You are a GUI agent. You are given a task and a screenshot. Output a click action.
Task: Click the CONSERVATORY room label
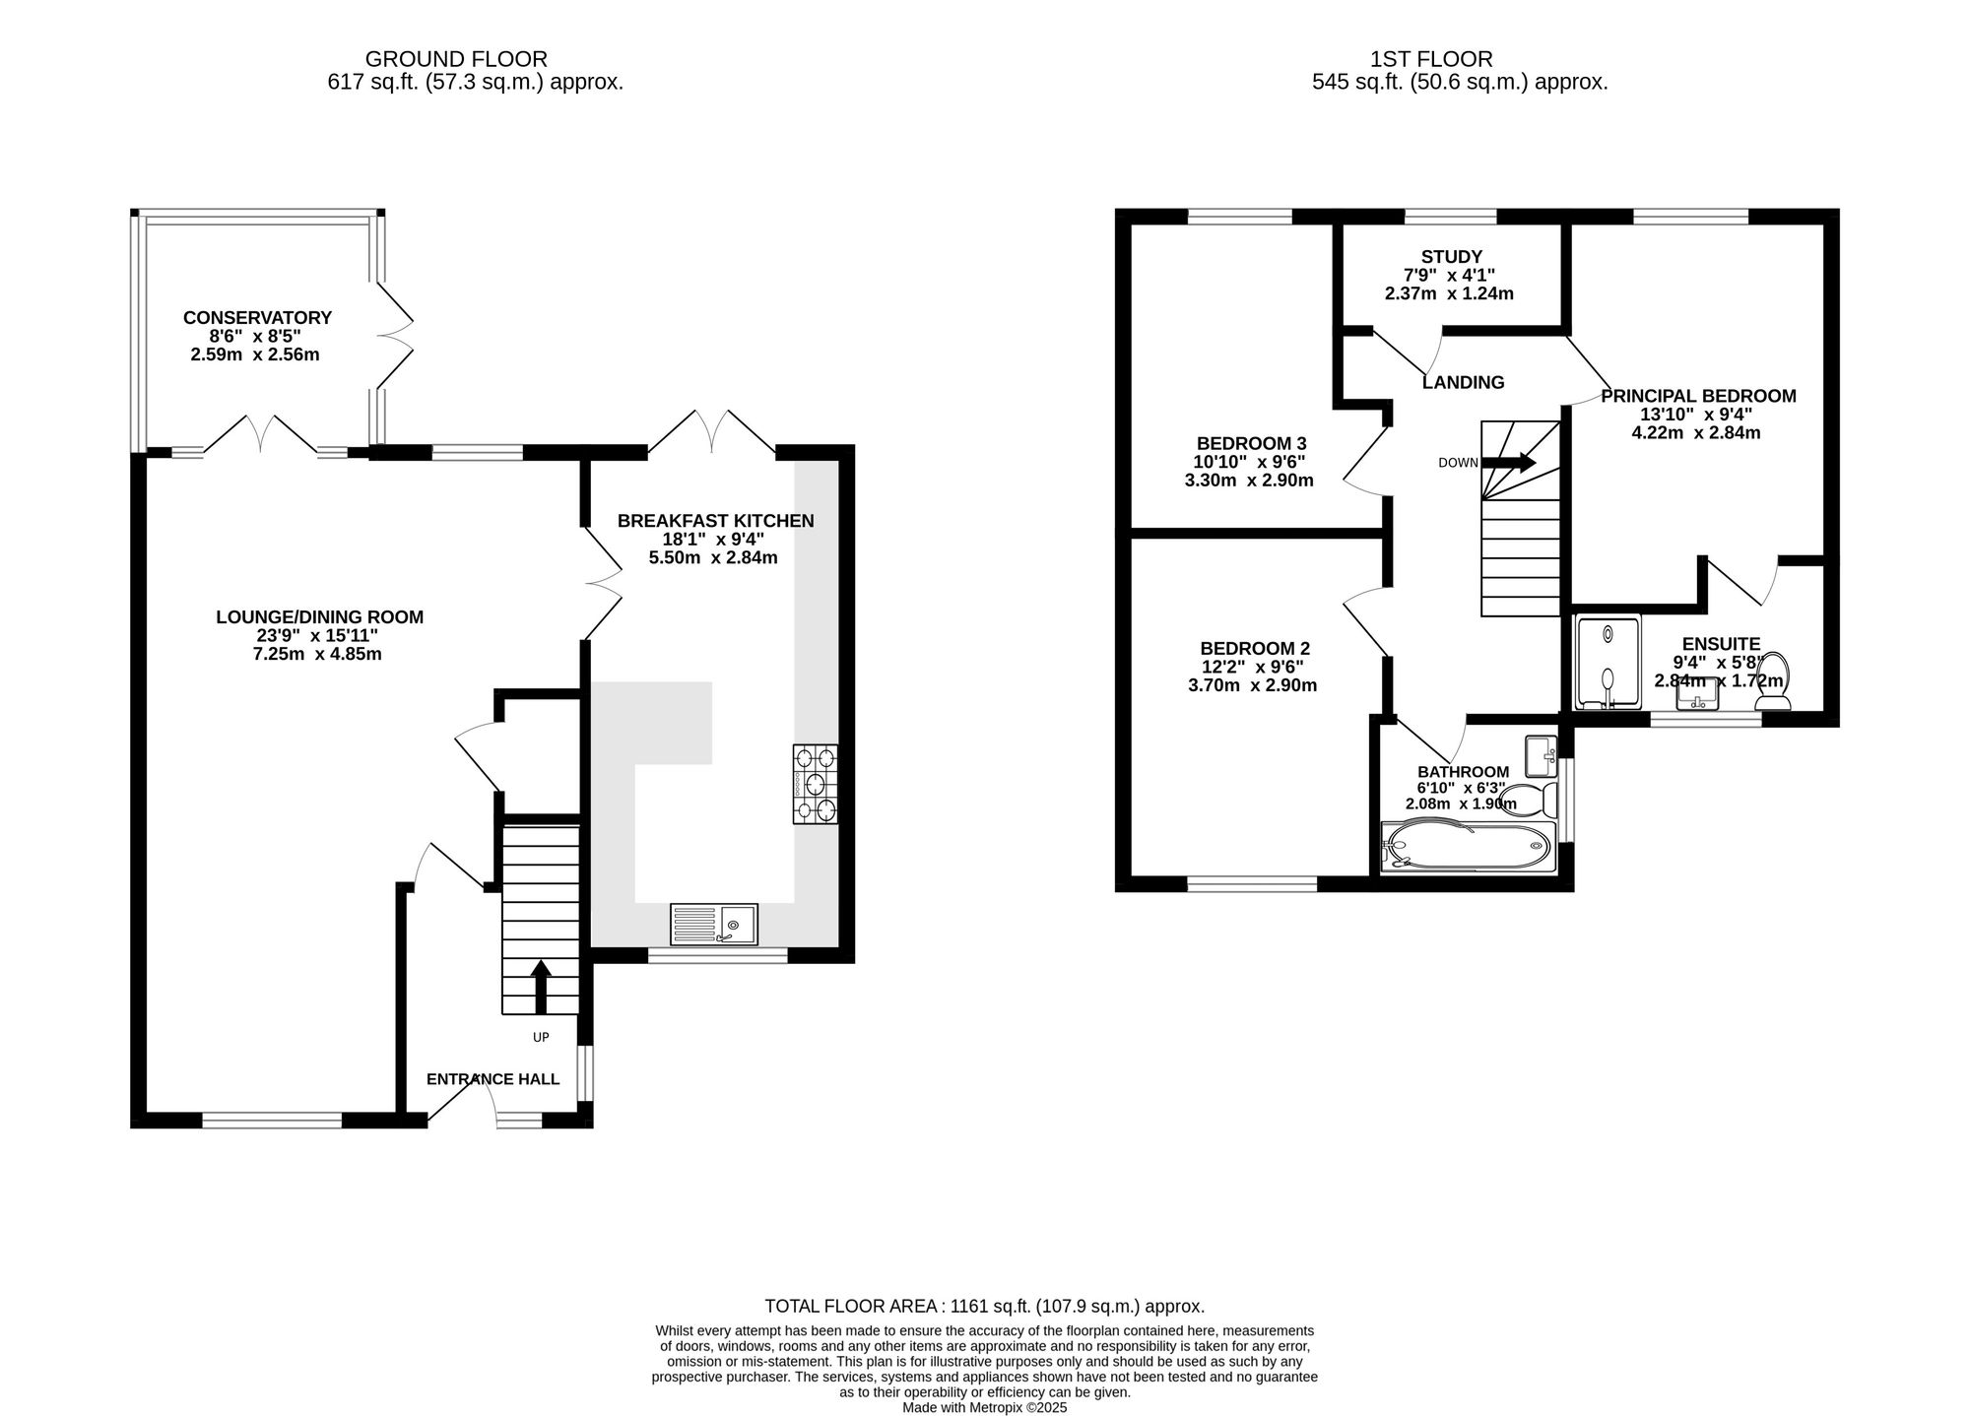pos(257,318)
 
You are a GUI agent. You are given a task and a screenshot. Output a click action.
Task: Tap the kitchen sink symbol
pos(714,925)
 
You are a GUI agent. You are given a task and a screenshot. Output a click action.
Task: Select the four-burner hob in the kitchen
pos(815,784)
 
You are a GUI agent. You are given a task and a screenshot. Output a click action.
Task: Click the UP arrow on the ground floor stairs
pos(541,987)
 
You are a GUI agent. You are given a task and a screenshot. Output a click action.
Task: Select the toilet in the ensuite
pos(1773,680)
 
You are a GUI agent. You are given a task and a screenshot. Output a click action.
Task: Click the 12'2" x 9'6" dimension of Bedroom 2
pos(1254,668)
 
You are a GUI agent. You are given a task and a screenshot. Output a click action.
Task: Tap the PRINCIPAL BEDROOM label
pos(1698,396)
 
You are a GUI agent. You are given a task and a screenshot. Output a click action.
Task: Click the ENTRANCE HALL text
pos(492,1079)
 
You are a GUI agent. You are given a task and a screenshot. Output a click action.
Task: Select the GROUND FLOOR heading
pos(456,60)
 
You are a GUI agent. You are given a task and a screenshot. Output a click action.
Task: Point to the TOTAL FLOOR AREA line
pos(984,1307)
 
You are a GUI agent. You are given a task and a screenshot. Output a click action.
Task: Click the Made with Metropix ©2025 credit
pos(984,1408)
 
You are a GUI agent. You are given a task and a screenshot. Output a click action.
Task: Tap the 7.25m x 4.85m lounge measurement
pos(317,654)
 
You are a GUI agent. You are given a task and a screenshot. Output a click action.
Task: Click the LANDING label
pos(1463,383)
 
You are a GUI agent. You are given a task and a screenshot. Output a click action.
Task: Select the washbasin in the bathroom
pos(1539,756)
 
